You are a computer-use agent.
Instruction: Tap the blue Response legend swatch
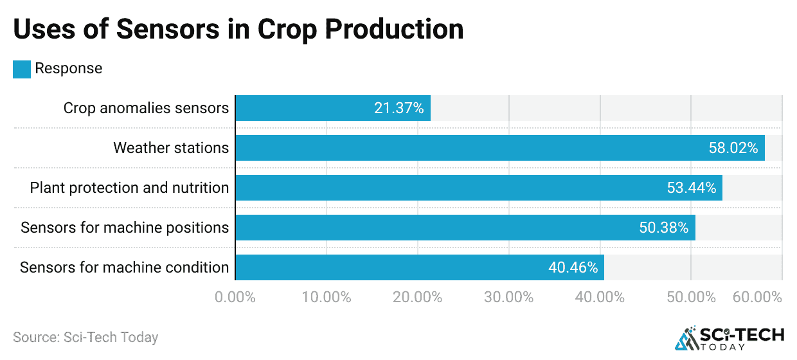(22, 69)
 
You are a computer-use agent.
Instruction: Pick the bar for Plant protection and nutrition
(450, 188)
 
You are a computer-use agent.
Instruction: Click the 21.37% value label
(398, 109)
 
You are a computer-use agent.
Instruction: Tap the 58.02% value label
(733, 148)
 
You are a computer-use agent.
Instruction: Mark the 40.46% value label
(573, 268)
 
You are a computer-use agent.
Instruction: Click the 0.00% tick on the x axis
(236, 298)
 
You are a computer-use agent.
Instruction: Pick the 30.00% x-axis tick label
(508, 298)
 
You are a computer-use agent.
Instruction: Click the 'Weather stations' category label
(171, 148)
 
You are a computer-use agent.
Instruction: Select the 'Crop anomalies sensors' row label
(146, 108)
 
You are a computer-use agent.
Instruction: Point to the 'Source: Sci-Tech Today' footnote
(85, 337)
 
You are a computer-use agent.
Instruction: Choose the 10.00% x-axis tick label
(327, 298)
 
